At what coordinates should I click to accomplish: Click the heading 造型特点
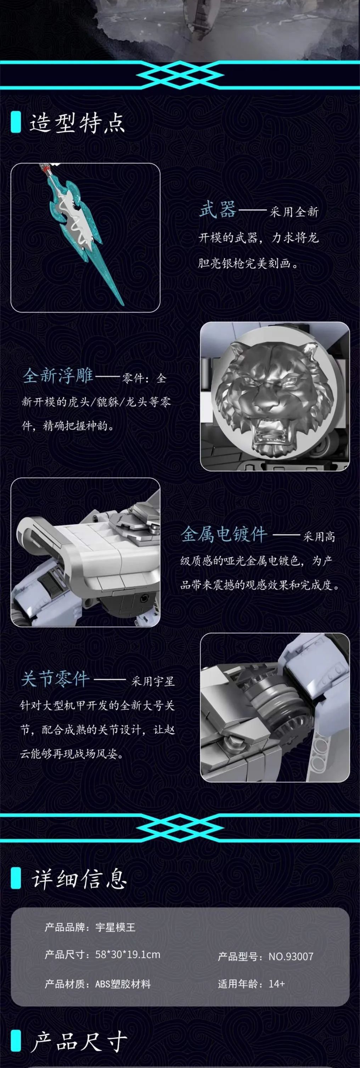tap(77, 123)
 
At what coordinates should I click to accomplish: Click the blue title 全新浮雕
tap(58, 376)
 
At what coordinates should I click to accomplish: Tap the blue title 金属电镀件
tap(224, 534)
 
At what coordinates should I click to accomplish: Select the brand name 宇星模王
tap(115, 927)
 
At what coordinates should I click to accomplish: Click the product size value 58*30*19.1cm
tap(128, 954)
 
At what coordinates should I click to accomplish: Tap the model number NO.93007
tap(291, 956)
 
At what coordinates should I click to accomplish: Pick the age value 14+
tap(276, 983)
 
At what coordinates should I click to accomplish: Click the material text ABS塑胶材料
tap(123, 984)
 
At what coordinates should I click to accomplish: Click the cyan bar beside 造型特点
tap(16, 122)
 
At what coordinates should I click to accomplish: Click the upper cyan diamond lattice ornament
tap(180, 75)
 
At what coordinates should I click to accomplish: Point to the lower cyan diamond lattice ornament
tap(180, 828)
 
